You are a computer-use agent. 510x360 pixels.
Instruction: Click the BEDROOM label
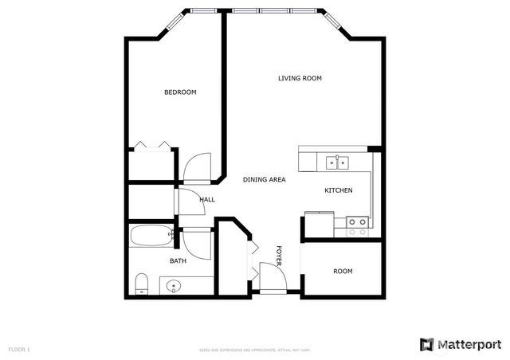pyautogui.click(x=180, y=92)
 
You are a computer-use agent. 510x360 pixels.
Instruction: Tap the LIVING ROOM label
pyautogui.click(x=300, y=78)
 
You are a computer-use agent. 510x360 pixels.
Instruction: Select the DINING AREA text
pyautogui.click(x=264, y=180)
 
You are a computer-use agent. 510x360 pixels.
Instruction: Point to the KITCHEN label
pyautogui.click(x=338, y=191)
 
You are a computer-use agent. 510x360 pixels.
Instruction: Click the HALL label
pyautogui.click(x=207, y=200)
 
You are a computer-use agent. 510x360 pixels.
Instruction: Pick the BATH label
pyautogui.click(x=178, y=260)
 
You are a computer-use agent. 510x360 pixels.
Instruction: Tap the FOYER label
pyautogui.click(x=280, y=255)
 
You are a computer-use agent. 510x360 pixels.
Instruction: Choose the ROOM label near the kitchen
pyautogui.click(x=343, y=272)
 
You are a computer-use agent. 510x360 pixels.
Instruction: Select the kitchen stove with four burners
pyautogui.click(x=357, y=226)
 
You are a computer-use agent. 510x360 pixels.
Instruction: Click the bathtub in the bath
pyautogui.click(x=151, y=236)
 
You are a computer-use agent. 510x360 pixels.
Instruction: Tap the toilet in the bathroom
pyautogui.click(x=142, y=283)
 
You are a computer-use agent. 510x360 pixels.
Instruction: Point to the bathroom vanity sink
pyautogui.click(x=175, y=285)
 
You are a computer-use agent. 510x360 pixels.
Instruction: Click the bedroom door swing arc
pyautogui.click(x=197, y=165)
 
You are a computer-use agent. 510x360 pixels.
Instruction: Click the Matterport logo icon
pyautogui.click(x=427, y=344)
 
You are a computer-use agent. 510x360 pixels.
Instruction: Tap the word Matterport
pyautogui.click(x=469, y=344)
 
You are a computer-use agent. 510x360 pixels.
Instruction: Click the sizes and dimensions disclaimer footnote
pyautogui.click(x=254, y=350)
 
